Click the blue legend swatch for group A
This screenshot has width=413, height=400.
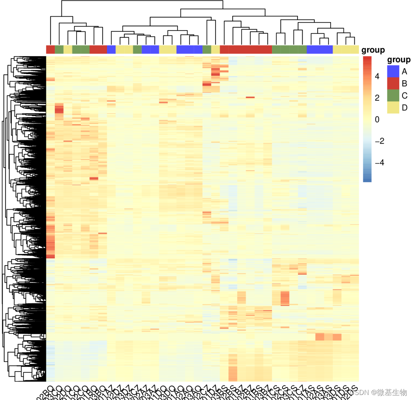[393, 71]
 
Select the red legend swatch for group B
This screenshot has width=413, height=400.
[393, 83]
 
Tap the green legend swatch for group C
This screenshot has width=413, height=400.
[393, 95]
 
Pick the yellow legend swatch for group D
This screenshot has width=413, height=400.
[393, 108]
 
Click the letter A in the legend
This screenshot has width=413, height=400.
[404, 71]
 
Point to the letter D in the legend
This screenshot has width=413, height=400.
[404, 108]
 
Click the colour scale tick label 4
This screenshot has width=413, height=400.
[377, 77]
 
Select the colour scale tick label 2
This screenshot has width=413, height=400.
[377, 98]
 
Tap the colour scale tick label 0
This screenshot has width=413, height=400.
[377, 120]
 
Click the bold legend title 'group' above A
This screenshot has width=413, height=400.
[399, 59]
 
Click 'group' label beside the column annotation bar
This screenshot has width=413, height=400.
[373, 50]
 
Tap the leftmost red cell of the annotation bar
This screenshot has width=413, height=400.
[50, 49]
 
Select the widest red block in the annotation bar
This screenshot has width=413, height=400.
[246, 49]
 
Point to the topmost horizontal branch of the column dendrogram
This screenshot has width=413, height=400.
[142, 1]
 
